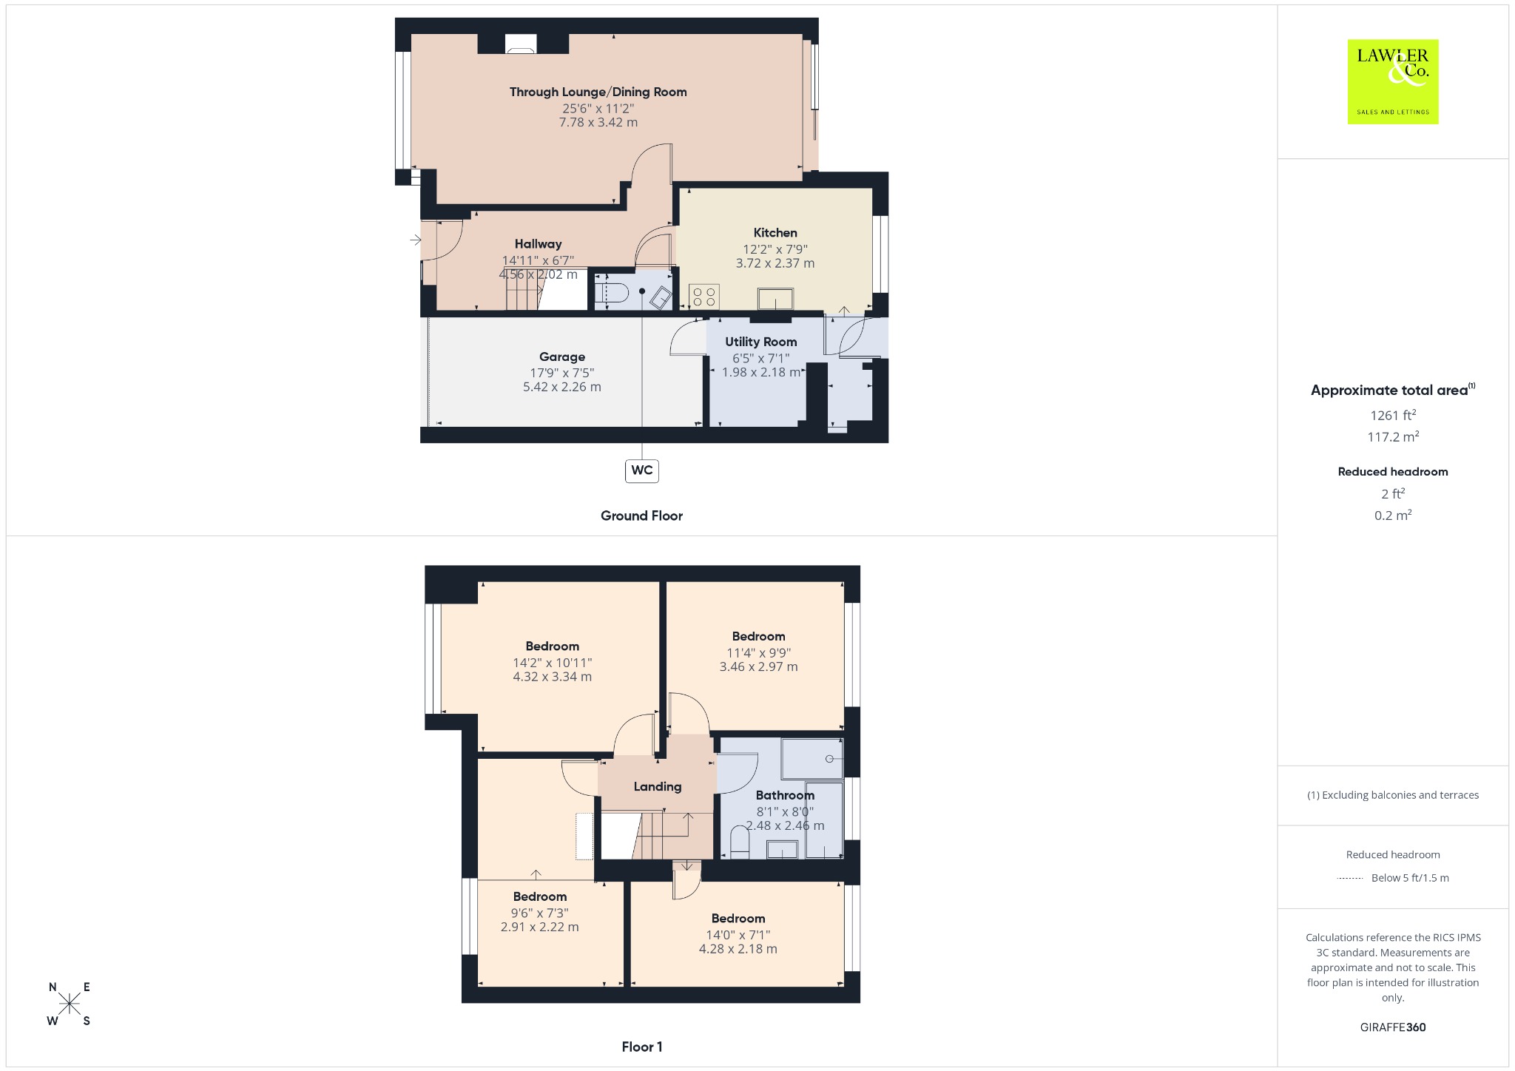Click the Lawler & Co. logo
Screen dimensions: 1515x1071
tap(1392, 81)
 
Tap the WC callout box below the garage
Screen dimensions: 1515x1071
tap(641, 470)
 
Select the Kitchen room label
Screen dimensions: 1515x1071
tap(775, 233)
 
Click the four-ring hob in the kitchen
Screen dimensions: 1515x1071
tap(703, 297)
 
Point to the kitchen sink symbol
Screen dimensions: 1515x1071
tap(775, 300)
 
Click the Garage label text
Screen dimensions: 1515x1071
tap(562, 357)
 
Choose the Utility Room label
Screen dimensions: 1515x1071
tap(760, 342)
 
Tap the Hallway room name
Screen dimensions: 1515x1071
tap(538, 244)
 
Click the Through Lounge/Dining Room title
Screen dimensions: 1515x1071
tap(598, 92)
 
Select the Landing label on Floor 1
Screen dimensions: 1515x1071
tap(657, 787)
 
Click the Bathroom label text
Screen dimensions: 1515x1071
tap(785, 795)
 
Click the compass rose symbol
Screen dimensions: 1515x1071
tap(70, 1004)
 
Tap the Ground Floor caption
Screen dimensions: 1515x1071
tap(641, 516)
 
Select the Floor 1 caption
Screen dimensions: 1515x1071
tap(641, 1047)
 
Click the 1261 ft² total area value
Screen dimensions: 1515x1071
tap(1392, 415)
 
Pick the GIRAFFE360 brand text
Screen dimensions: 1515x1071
tap(1392, 1027)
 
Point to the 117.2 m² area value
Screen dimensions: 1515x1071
tap(1392, 436)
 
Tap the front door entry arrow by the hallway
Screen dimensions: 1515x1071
tap(416, 240)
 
